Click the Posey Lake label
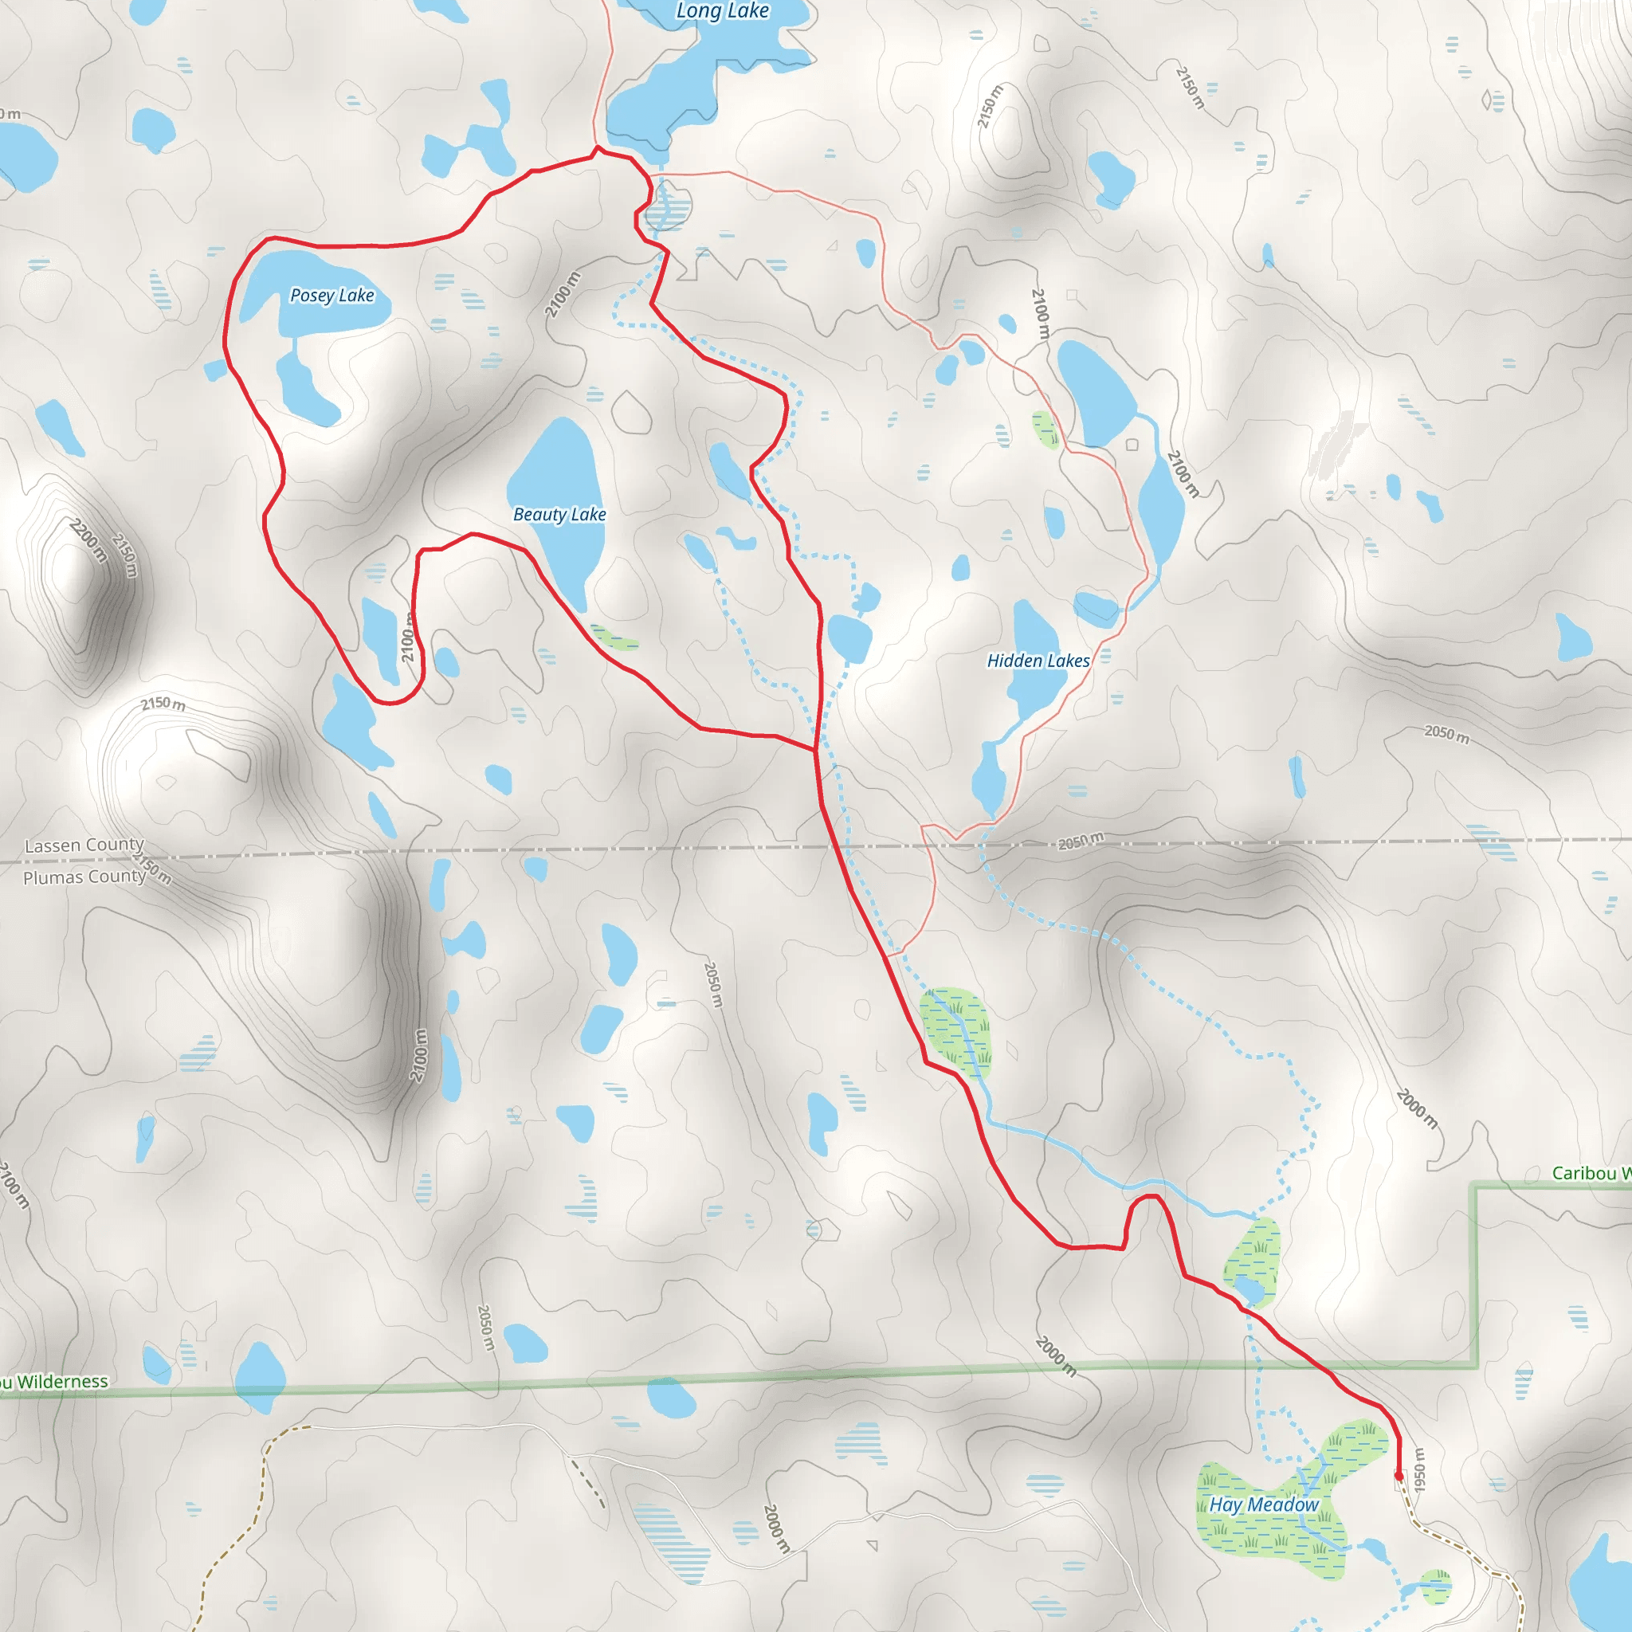(331, 296)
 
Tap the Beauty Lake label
(559, 515)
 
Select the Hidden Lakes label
(1038, 661)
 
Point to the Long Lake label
(722, 11)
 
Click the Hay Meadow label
(1263, 1504)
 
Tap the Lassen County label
(84, 845)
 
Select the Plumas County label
(84, 877)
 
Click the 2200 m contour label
(88, 540)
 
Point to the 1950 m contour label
(1419, 1469)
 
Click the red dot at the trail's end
(1398, 1477)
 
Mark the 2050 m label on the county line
(1081, 841)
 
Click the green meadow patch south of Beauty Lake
(614, 637)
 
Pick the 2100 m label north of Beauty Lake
(563, 294)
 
